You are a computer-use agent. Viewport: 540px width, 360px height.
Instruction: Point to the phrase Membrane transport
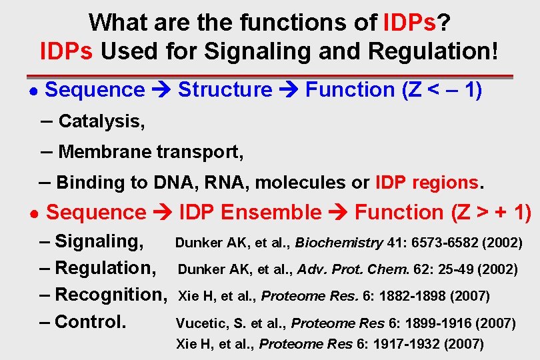[151, 152]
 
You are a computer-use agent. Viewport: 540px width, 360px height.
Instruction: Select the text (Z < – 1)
[442, 89]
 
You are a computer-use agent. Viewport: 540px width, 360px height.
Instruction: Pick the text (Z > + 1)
[491, 213]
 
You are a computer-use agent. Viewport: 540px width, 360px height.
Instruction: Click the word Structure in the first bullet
[225, 89]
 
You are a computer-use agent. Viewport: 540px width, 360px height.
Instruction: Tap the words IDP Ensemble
[251, 213]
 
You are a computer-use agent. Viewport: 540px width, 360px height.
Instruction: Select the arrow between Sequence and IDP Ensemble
[163, 213]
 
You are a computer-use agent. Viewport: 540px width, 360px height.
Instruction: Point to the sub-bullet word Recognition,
[110, 294]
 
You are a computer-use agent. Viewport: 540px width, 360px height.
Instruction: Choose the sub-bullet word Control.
[90, 321]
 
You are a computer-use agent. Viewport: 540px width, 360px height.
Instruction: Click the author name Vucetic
[198, 323]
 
